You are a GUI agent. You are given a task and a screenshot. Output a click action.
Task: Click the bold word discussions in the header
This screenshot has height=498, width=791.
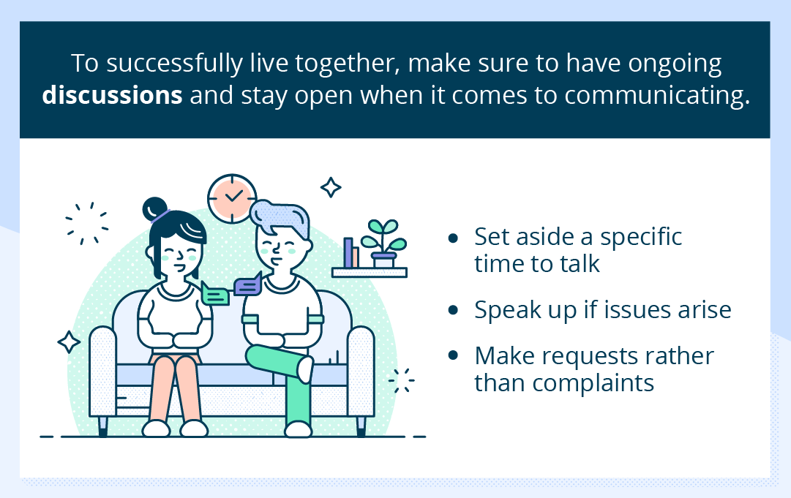[112, 97]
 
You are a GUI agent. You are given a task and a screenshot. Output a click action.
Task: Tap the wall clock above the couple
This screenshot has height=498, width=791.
[232, 197]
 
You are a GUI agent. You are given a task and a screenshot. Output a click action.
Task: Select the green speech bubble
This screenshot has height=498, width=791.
[215, 293]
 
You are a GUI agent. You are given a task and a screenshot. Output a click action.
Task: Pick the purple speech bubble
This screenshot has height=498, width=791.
[248, 285]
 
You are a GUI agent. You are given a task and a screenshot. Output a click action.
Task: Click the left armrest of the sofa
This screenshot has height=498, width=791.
[102, 373]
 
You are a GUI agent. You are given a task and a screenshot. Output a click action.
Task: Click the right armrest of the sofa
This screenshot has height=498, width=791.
[360, 373]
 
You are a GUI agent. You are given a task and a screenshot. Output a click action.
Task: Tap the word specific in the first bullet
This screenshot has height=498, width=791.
[640, 237]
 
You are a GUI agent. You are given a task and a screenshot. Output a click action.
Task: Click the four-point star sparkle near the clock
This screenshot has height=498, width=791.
[331, 187]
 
